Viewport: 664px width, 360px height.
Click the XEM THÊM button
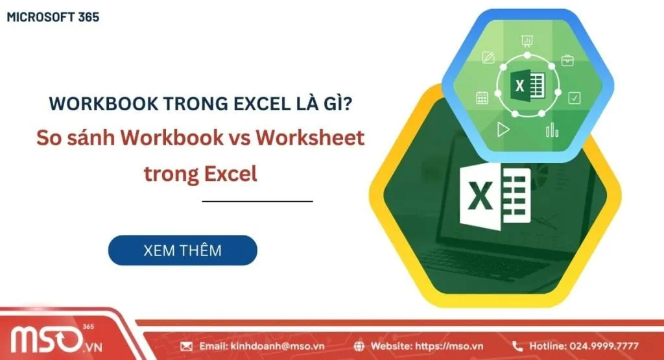tap(182, 250)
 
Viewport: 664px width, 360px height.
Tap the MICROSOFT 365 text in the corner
tap(53, 18)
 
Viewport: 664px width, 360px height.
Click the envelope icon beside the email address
tap(186, 346)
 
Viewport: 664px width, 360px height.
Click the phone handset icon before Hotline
tap(517, 346)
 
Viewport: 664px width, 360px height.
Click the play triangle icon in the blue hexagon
tap(503, 129)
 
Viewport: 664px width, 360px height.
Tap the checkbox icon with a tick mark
tap(574, 98)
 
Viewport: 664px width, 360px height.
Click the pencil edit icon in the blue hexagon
tap(488, 58)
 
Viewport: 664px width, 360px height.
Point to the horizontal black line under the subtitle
tap(257, 201)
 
